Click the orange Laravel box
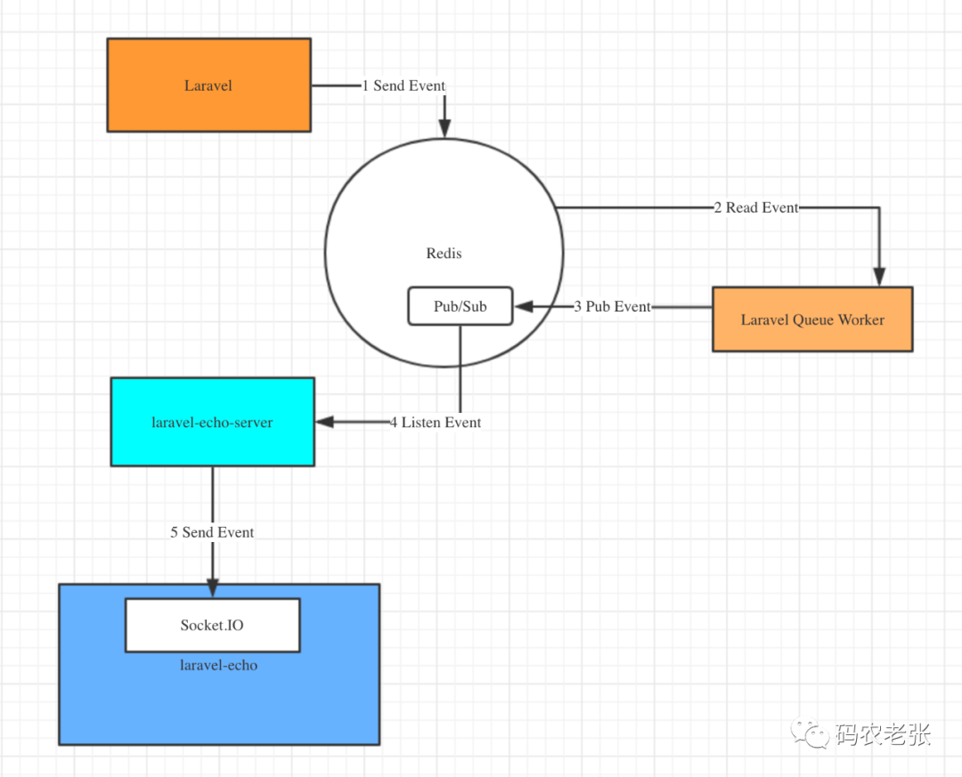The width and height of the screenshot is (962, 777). (x=208, y=85)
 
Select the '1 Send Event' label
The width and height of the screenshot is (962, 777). (x=404, y=85)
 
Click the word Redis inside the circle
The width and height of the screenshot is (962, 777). (x=444, y=254)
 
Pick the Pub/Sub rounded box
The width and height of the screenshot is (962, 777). (x=460, y=306)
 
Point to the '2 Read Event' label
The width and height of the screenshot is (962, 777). (x=755, y=207)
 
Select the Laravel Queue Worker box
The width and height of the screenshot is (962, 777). (x=812, y=320)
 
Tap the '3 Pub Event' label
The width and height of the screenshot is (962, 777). (x=612, y=306)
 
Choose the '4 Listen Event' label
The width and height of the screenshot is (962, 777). (x=435, y=422)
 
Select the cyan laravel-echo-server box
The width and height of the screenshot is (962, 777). (x=212, y=422)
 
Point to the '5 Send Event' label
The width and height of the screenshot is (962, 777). (x=212, y=532)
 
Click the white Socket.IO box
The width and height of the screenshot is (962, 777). (x=212, y=625)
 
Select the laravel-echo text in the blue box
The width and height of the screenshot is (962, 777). (x=218, y=665)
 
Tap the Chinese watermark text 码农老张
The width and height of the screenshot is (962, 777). (x=883, y=734)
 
